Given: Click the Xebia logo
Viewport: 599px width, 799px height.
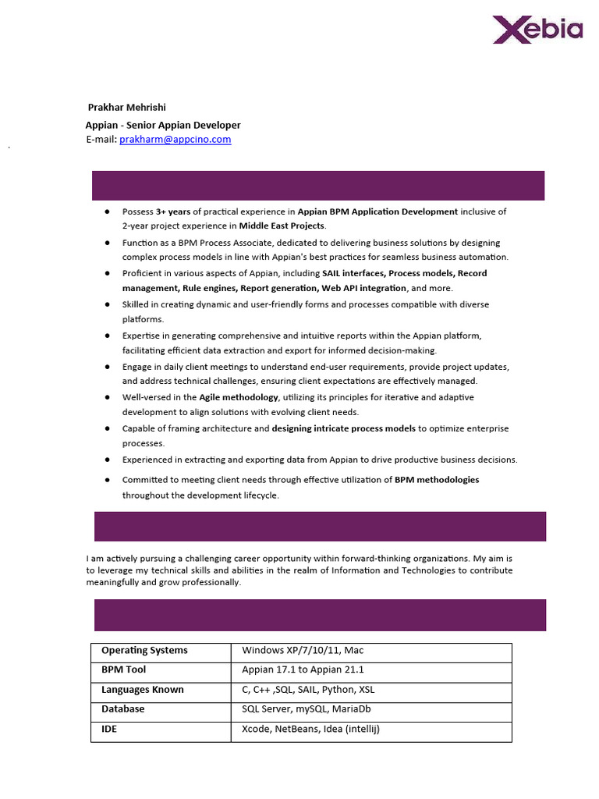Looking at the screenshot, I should click(537, 30).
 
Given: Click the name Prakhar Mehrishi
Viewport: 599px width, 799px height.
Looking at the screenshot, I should click(126, 108).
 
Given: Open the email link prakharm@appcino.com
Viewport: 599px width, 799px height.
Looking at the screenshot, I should click(175, 140).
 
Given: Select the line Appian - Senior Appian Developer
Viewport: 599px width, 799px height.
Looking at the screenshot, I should click(163, 125).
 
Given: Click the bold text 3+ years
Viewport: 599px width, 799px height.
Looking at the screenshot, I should click(173, 211).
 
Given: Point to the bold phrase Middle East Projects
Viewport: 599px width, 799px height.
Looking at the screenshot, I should click(282, 225).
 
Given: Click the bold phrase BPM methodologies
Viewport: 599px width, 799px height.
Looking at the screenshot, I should click(437, 480).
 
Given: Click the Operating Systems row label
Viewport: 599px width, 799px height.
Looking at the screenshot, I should click(144, 651).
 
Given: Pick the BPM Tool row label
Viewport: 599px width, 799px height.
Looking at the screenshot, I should click(123, 670).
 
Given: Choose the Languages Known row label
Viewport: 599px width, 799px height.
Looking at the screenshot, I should click(143, 690).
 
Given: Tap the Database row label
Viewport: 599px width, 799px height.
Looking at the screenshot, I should click(122, 709).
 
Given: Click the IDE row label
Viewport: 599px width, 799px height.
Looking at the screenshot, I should click(109, 730).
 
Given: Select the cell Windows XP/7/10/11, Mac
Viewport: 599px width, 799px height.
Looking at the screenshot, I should click(303, 651).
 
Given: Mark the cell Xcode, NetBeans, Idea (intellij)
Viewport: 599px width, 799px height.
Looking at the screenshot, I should click(310, 730).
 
